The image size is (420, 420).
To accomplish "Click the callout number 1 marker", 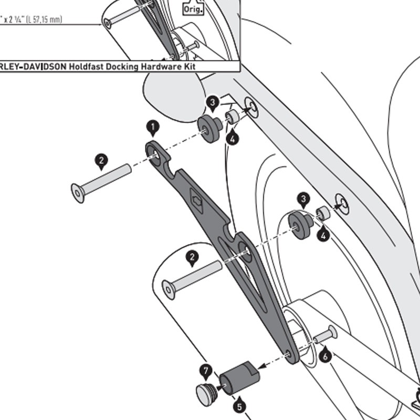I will click(x=152, y=127).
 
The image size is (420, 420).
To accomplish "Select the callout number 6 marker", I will click(x=325, y=356).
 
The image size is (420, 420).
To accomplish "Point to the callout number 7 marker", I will click(x=206, y=372).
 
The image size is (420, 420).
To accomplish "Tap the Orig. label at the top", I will click(x=193, y=8).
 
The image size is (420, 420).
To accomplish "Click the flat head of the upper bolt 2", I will click(x=78, y=193).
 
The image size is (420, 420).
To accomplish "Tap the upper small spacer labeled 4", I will click(x=232, y=117).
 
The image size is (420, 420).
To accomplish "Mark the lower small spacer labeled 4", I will click(x=322, y=214).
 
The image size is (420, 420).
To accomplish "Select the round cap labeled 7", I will click(x=204, y=392).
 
